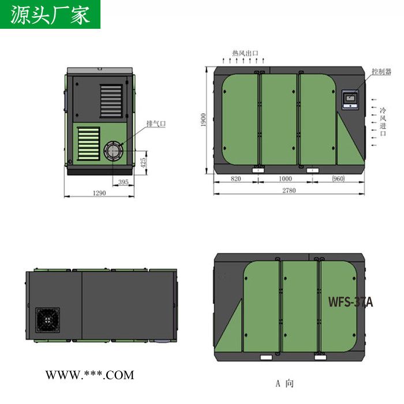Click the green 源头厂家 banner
point(50,14)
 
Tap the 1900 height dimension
point(204,119)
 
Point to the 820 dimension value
point(235,179)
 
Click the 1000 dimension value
point(286,179)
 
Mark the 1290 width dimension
point(99,193)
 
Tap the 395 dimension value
point(123,182)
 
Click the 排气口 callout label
point(156,124)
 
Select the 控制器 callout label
point(381,72)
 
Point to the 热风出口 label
point(245,53)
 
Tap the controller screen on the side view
point(350,99)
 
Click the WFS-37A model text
point(350,301)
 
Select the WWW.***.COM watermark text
point(89,375)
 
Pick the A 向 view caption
point(285,383)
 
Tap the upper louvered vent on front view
point(111,102)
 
